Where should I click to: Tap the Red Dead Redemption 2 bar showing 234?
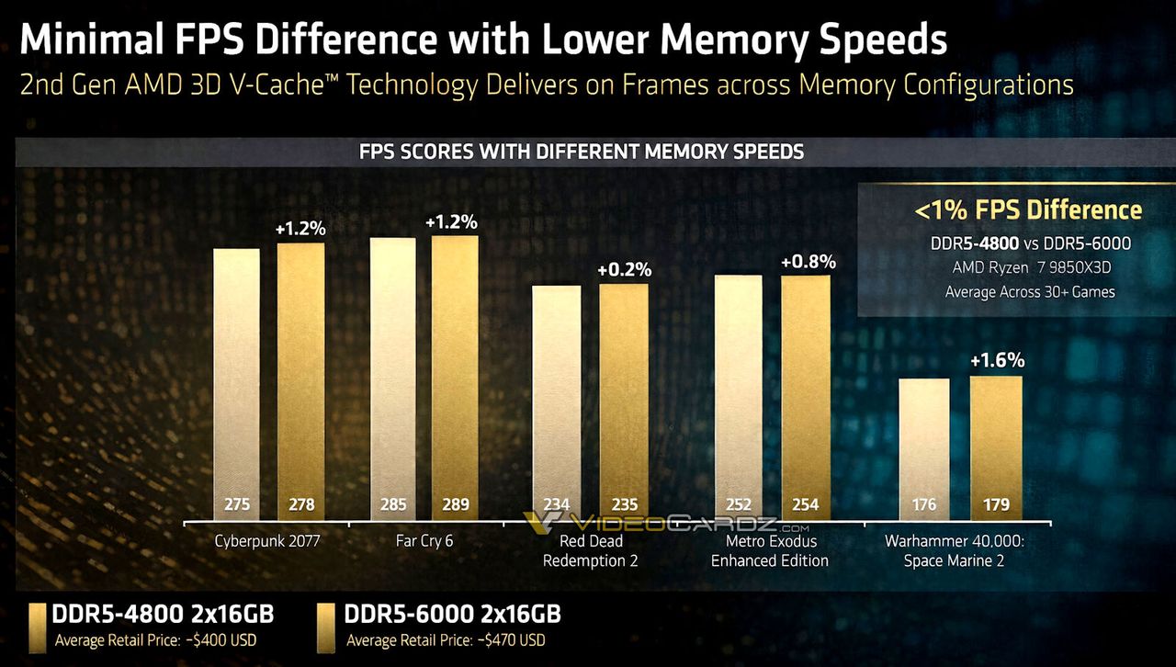point(557,395)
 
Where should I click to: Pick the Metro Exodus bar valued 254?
point(806,390)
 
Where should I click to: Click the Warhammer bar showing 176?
point(924,441)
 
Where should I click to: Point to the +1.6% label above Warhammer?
point(997,360)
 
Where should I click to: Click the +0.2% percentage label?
point(624,270)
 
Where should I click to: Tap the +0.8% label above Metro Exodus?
point(808,262)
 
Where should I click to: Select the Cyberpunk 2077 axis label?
point(266,541)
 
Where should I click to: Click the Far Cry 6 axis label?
point(424,541)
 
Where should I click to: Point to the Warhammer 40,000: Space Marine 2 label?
point(955,550)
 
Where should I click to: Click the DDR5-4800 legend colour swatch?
point(38,627)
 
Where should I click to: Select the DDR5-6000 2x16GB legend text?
point(452,615)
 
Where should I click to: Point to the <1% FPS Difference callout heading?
point(1028,210)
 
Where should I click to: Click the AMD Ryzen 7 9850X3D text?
point(1030,267)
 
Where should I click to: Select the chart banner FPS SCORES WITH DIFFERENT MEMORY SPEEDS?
point(581,152)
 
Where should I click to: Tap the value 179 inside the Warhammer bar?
point(996,504)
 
